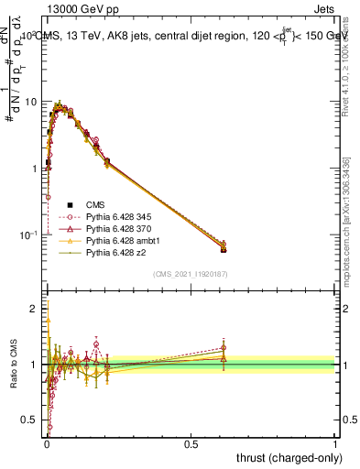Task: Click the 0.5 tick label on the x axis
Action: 191,442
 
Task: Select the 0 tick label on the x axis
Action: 46,442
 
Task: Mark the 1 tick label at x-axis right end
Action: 335,442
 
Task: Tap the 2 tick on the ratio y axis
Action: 37,310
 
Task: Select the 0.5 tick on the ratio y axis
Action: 33,420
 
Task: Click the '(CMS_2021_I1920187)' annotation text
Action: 191,274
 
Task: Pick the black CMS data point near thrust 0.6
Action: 224,249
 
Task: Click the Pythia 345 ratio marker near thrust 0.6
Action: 224,348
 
